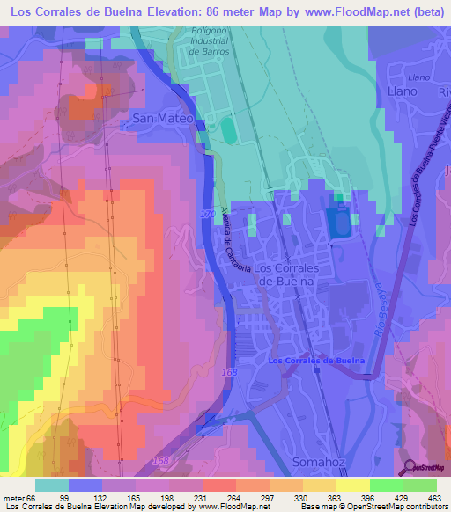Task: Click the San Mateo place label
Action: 162,117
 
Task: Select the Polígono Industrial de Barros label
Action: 209,41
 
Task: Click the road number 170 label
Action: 208,215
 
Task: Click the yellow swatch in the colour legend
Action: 353,485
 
